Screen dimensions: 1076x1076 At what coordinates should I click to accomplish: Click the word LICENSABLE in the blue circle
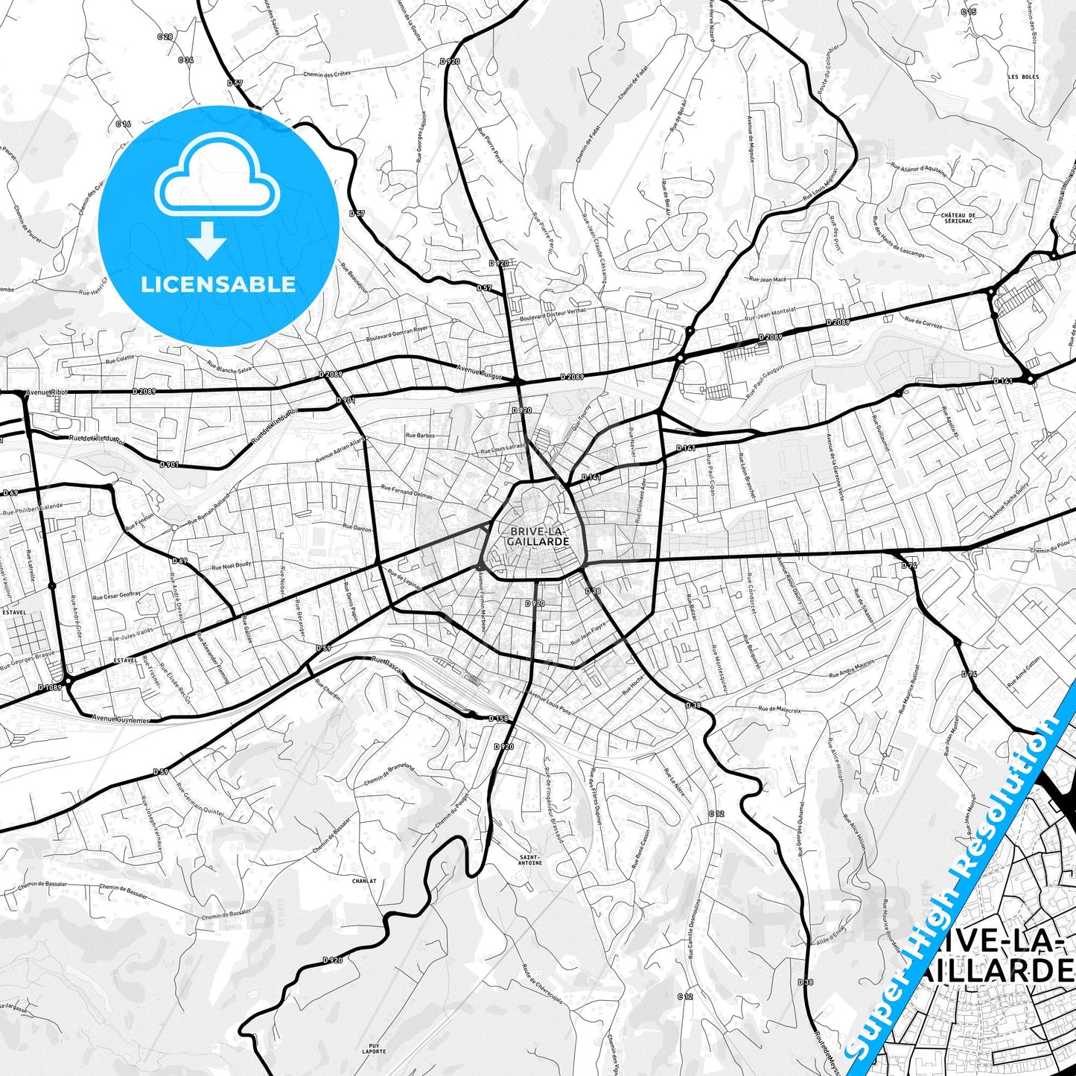coord(218,284)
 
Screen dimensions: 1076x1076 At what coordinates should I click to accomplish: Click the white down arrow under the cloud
coord(207,241)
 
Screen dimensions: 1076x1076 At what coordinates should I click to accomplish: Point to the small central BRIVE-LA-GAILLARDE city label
coord(538,536)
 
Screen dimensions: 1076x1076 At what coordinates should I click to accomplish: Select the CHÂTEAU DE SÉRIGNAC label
coord(958,218)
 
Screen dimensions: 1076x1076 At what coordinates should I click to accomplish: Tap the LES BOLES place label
coord(1023,77)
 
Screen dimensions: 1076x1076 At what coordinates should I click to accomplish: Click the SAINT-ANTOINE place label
coord(530,859)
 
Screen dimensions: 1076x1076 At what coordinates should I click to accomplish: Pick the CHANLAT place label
coord(364,881)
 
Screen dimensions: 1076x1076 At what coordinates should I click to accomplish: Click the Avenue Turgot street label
coord(480,370)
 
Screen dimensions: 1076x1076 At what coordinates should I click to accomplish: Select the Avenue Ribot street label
coord(46,391)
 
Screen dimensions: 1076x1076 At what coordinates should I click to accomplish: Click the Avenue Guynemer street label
coord(121,719)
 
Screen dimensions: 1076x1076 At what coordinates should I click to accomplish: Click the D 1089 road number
coord(50,687)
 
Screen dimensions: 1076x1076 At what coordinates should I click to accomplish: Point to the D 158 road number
coord(498,719)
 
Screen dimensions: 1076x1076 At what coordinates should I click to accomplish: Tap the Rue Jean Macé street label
coord(767,279)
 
